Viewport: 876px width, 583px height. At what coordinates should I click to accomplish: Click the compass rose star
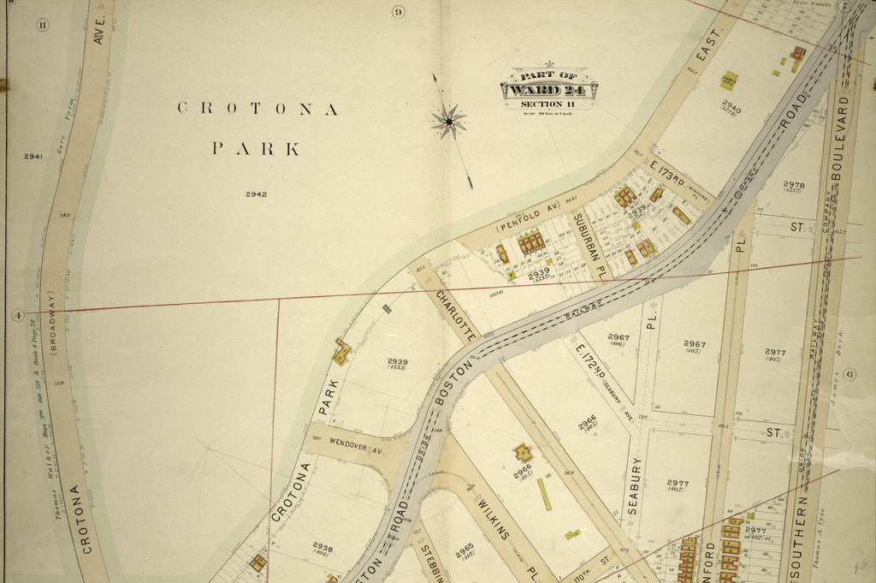448,122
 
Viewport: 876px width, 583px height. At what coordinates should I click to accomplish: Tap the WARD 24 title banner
548,89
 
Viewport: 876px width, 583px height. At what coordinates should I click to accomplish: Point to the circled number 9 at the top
398,11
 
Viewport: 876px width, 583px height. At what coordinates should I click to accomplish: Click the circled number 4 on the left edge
16,315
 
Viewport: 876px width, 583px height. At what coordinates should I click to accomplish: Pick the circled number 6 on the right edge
849,374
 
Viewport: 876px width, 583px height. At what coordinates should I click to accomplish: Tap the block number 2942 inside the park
256,194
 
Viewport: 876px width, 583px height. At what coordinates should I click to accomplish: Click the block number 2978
793,184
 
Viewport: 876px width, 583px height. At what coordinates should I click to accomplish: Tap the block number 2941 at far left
33,157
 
